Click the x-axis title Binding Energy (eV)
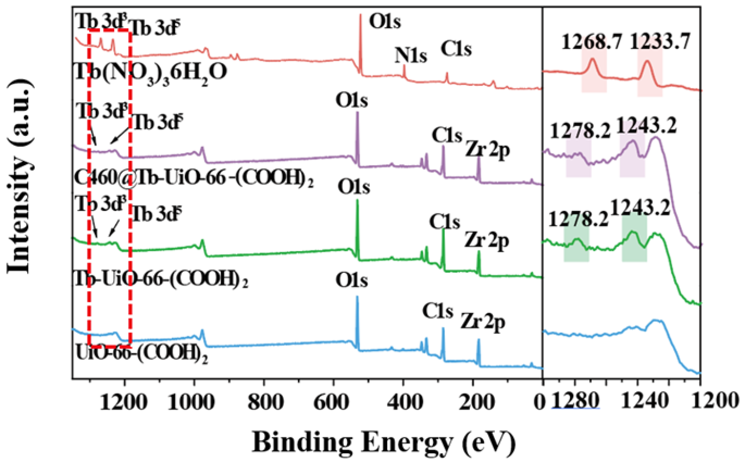tap(383, 442)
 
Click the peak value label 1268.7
tap(592, 42)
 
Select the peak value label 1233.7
tap(660, 42)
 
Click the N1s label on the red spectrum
tap(411, 56)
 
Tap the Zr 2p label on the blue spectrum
tap(483, 322)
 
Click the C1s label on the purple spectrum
tap(447, 135)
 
